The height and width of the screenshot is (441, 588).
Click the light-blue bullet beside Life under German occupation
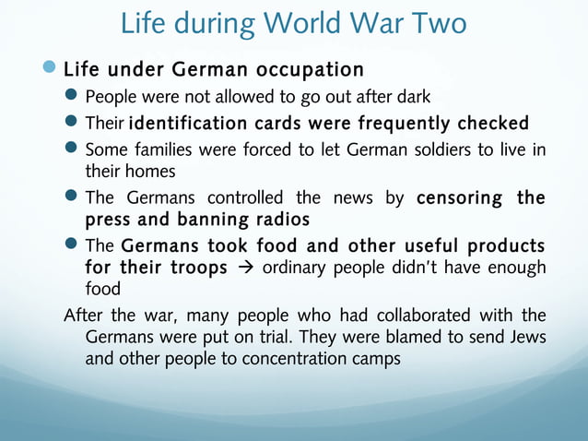pos(50,69)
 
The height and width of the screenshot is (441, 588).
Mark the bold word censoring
pos(459,197)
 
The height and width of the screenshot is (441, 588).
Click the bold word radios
pos(279,220)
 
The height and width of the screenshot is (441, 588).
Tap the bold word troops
pos(191,268)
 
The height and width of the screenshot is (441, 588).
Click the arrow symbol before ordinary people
pos(243,268)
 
